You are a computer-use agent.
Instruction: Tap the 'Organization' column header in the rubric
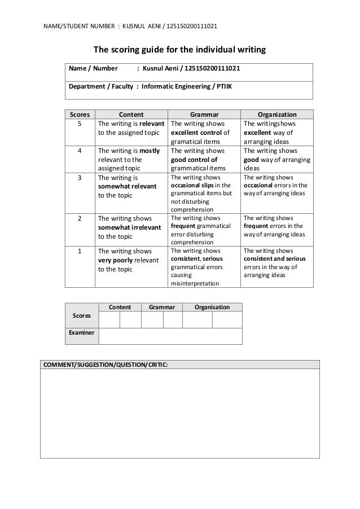pos(276,113)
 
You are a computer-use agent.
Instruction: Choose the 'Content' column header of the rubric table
pos(131,113)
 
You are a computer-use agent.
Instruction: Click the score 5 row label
pos(80,123)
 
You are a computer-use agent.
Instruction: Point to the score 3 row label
pos(80,177)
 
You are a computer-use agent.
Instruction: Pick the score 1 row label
pos(80,251)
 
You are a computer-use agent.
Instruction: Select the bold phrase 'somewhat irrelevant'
pos(129,227)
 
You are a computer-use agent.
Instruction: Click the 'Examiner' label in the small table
pos(82,334)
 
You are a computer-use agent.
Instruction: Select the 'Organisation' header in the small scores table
pos(212,307)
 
